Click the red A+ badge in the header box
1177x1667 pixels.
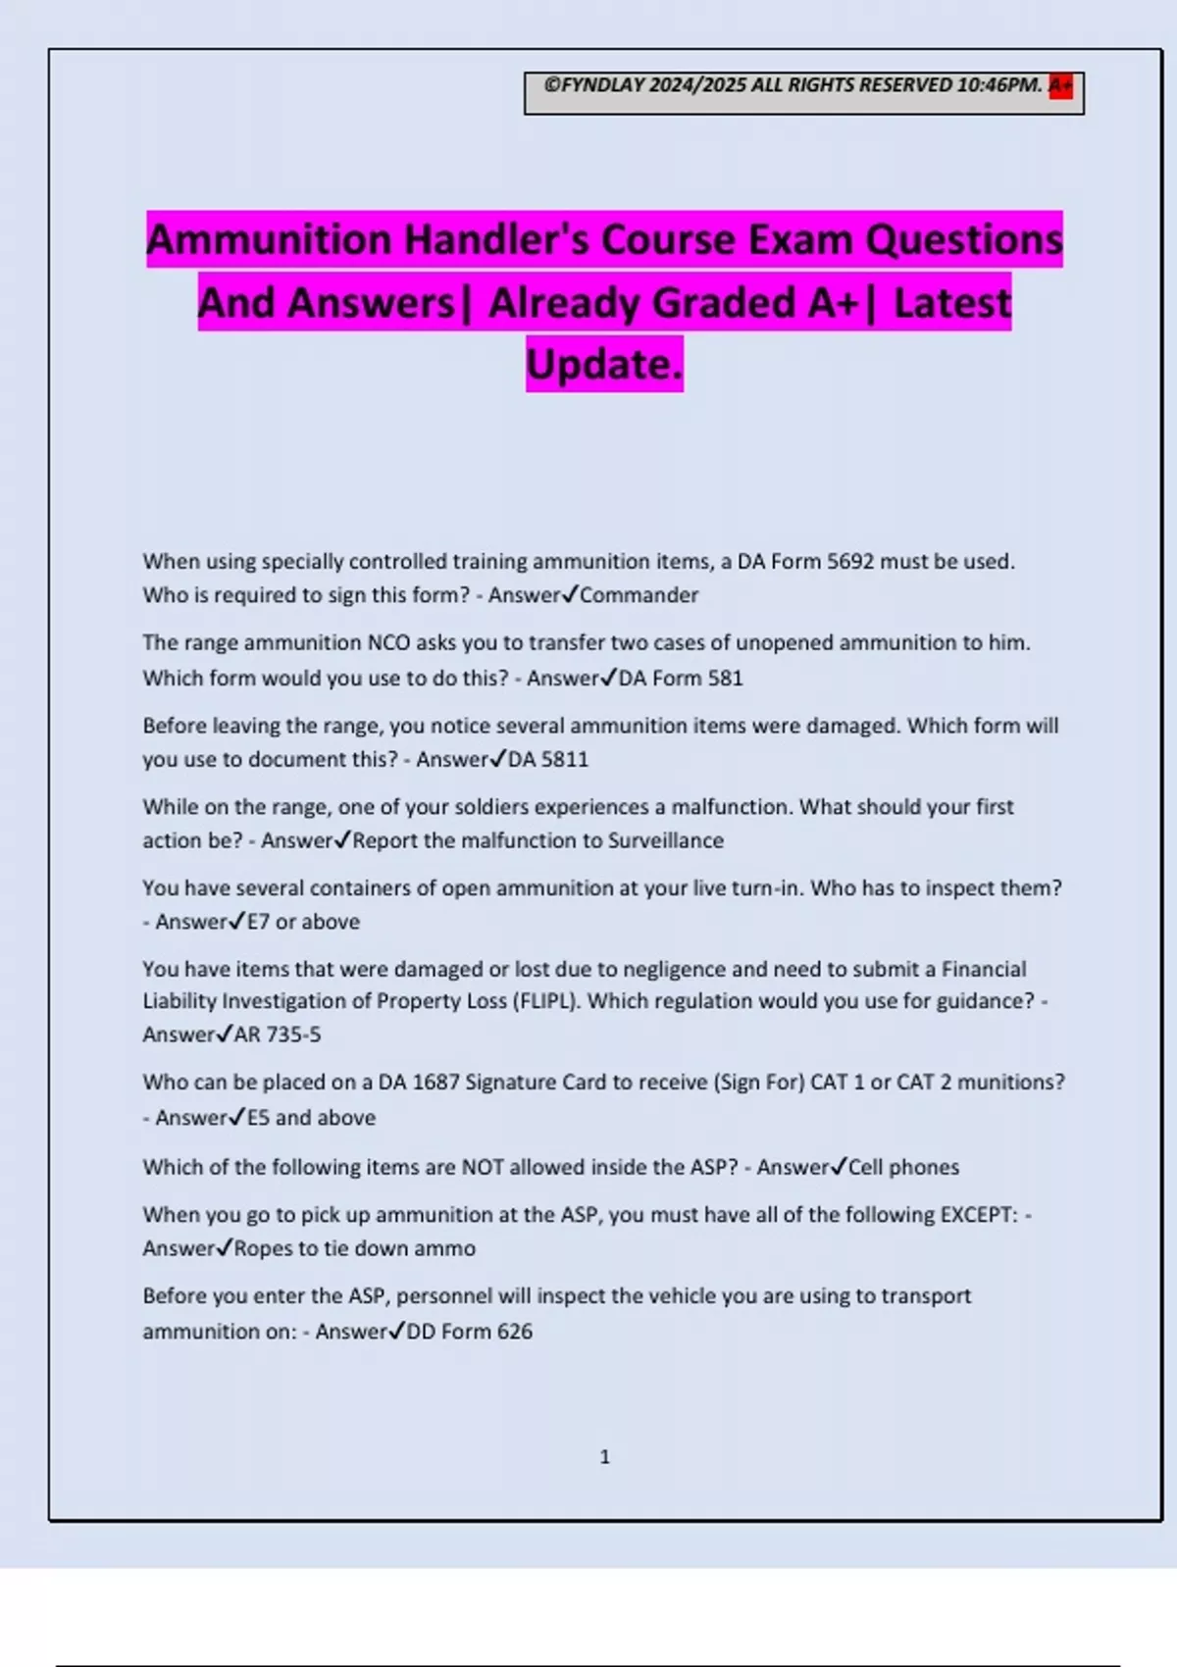pyautogui.click(x=1060, y=86)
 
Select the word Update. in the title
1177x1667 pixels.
pyautogui.click(x=604, y=364)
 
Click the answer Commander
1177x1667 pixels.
pyautogui.click(x=640, y=595)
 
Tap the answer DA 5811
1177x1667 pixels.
pyautogui.click(x=548, y=760)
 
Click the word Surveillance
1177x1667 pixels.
pyautogui.click(x=666, y=840)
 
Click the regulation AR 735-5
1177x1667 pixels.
pyautogui.click(x=278, y=1035)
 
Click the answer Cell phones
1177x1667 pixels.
pyautogui.click(x=903, y=1167)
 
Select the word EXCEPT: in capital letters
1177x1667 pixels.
pyautogui.click(x=979, y=1215)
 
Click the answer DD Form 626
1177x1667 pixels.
pyautogui.click(x=469, y=1332)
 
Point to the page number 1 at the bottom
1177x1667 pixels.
pyautogui.click(x=605, y=1457)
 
